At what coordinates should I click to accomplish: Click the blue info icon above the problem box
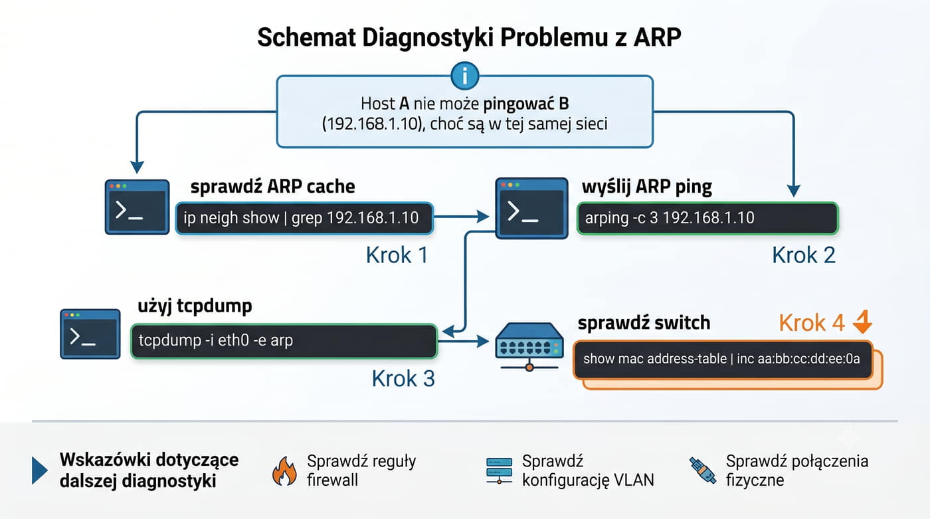(464, 76)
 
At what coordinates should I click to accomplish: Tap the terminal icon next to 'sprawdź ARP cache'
(137, 207)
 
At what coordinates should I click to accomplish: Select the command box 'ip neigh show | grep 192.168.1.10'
(304, 219)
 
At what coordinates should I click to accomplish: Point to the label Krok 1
(397, 255)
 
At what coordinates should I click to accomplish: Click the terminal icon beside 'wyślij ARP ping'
(531, 208)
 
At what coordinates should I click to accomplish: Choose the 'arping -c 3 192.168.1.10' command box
(707, 219)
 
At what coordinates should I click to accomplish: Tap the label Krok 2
(803, 255)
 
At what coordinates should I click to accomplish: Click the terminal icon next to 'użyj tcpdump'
(90, 334)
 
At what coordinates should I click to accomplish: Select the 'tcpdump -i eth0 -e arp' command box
(284, 341)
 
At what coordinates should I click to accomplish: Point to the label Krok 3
(403, 379)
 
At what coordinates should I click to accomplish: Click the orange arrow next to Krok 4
(862, 322)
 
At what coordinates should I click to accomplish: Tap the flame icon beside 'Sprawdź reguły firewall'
(284, 471)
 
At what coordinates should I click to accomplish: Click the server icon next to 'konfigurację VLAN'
(499, 470)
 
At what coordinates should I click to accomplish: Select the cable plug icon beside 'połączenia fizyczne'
(703, 470)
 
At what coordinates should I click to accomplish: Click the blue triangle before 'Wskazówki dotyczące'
(39, 470)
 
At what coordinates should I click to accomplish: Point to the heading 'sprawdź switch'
(644, 322)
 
